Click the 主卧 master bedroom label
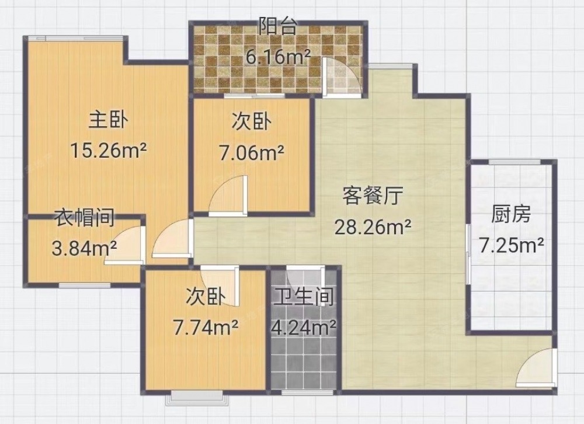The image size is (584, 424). pyautogui.click(x=109, y=121)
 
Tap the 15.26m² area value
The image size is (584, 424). pyautogui.click(x=109, y=151)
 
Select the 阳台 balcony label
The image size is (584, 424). pyautogui.click(x=278, y=26)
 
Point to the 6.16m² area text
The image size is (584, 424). pyautogui.click(x=278, y=56)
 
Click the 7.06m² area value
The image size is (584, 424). pyautogui.click(x=252, y=152)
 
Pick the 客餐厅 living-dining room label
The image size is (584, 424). pyautogui.click(x=373, y=196)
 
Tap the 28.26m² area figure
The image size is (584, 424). pyautogui.click(x=373, y=227)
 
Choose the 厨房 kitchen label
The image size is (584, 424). pyautogui.click(x=511, y=214)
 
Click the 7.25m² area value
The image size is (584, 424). pyautogui.click(x=511, y=245)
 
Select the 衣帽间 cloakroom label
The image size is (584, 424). pyautogui.click(x=84, y=218)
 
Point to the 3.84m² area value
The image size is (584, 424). pyautogui.click(x=84, y=248)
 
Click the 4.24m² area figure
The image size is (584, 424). pyautogui.click(x=304, y=328)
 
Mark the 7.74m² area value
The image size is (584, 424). pyautogui.click(x=206, y=328)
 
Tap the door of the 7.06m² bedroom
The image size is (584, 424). pyautogui.click(x=228, y=196)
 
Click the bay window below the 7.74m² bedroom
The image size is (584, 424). pyautogui.click(x=197, y=398)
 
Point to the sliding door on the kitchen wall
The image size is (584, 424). pyautogui.click(x=468, y=254)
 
